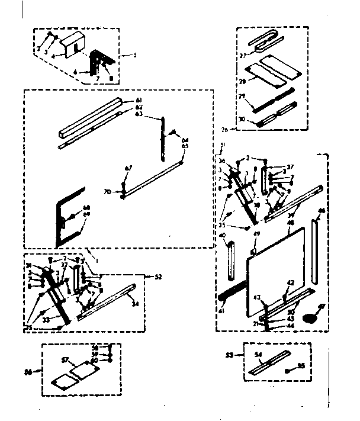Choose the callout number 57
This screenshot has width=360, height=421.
65,359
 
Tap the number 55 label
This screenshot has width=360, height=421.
301,366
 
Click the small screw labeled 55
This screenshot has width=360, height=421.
286,368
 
